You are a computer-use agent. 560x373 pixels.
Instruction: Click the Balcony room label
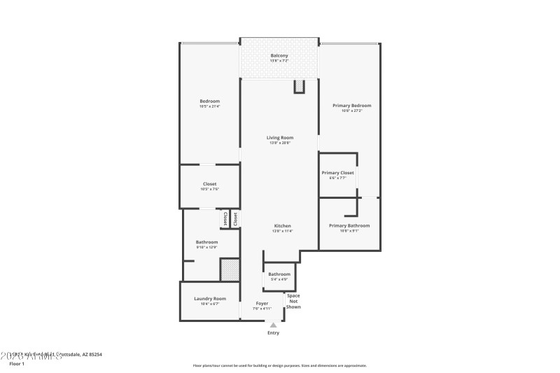(279, 56)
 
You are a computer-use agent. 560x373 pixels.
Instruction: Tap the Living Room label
(279, 138)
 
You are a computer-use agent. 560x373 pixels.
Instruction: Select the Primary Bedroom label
(351, 106)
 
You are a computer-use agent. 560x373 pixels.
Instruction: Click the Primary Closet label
(337, 173)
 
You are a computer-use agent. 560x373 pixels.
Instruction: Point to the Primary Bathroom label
(349, 226)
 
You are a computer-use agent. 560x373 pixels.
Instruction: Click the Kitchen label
(282, 226)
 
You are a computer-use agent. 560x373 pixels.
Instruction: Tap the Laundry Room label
(209, 299)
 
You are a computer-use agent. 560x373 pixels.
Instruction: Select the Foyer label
(262, 304)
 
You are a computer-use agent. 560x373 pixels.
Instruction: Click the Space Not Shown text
(293, 301)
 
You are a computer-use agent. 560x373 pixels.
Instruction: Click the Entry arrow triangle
(273, 325)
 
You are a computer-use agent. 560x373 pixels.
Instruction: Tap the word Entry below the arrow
(273, 332)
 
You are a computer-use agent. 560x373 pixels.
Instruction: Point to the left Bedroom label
(209, 101)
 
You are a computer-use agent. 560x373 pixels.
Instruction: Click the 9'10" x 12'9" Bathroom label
(206, 242)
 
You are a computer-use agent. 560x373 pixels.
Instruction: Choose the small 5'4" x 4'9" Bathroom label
(279, 274)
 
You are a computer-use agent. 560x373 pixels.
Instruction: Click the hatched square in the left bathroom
(230, 269)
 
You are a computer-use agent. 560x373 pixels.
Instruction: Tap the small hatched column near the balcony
(299, 86)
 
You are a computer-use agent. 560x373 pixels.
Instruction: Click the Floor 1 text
(17, 364)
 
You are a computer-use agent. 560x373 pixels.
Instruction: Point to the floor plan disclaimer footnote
(279, 365)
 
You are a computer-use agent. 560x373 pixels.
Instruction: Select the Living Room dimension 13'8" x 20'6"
(279, 143)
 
